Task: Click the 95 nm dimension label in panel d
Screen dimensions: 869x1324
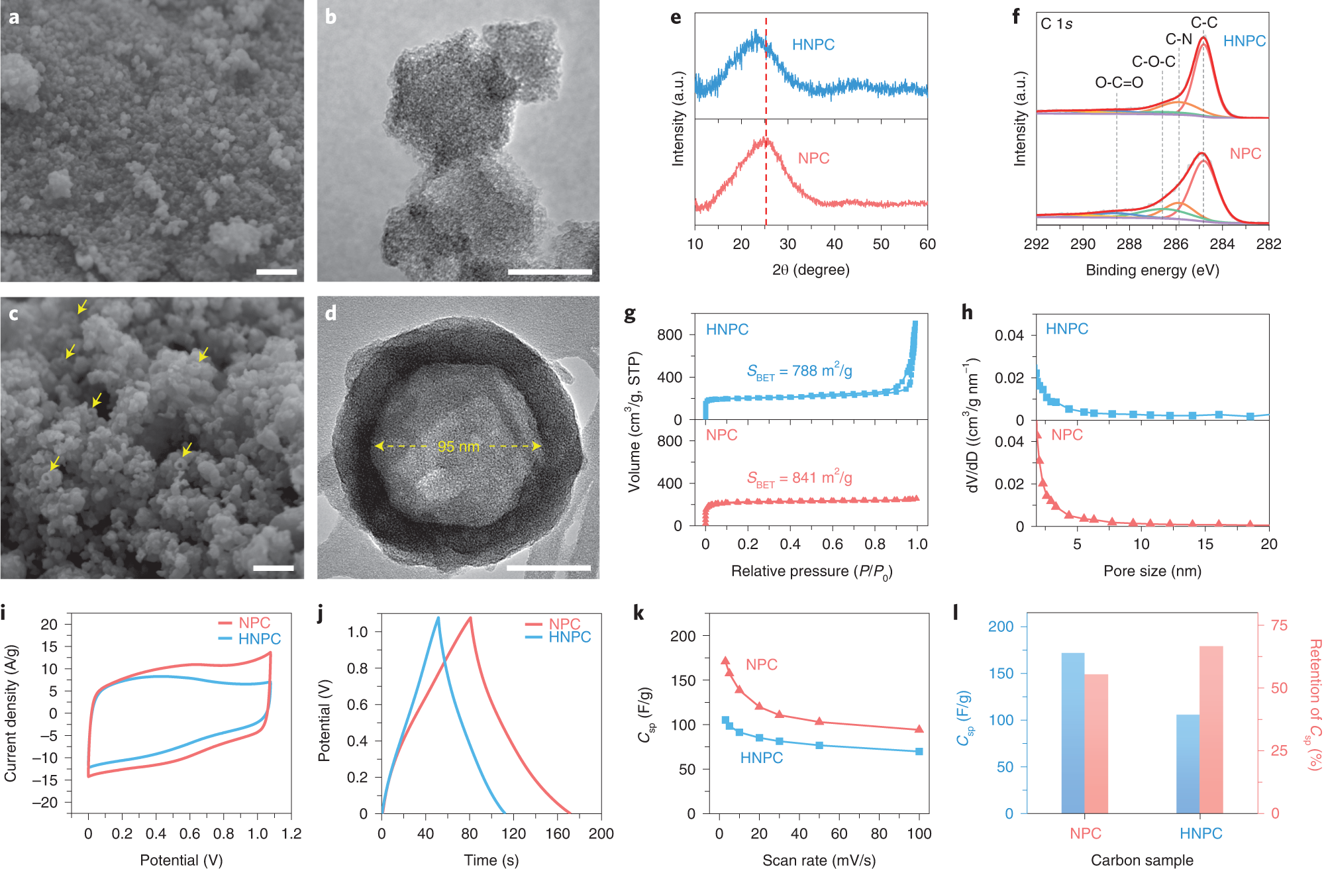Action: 458,447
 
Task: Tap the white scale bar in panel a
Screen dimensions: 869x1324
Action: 276,272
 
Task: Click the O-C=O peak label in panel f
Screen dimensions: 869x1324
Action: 1119,83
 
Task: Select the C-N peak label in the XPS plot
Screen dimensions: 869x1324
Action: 1178,40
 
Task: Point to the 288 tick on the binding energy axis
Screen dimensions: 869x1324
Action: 1129,244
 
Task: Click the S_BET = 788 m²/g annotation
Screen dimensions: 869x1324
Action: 799,371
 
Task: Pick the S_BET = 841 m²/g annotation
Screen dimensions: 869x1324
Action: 799,478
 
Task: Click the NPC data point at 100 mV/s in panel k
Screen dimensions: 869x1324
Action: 919,729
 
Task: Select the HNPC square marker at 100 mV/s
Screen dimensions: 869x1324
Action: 919,752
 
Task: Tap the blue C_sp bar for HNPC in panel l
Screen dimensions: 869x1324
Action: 1188,764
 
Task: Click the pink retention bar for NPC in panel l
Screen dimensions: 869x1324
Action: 1096,743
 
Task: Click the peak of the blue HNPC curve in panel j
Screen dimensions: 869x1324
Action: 438,618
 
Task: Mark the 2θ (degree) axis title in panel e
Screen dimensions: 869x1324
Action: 811,270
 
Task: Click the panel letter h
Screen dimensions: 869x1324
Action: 967,313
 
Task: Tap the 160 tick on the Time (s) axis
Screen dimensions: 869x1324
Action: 557,834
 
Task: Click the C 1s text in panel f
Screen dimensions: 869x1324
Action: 1056,25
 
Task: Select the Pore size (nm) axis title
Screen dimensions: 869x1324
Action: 1152,571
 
